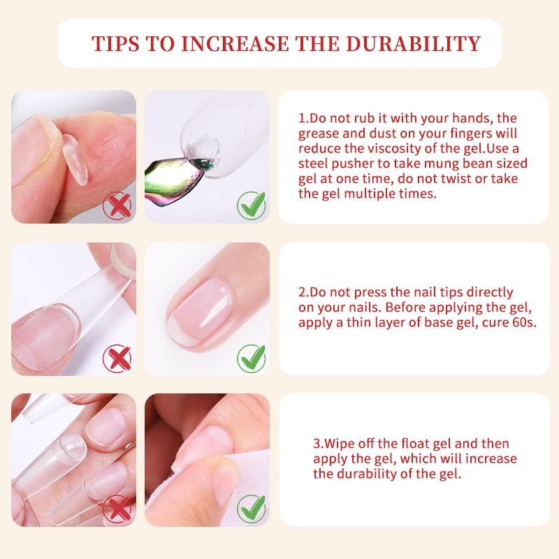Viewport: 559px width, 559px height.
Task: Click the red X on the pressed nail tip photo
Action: pos(117,358)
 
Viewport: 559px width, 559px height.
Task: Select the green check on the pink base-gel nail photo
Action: pos(251,358)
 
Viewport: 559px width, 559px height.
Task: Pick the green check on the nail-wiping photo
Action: pos(251,508)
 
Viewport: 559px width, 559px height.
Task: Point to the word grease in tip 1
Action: pos(319,134)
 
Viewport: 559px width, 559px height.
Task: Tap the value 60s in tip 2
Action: pos(522,323)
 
